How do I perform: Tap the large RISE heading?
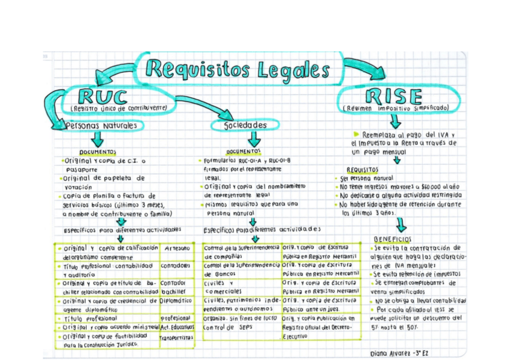395,96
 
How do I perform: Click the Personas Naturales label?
104,126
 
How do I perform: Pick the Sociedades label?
245,125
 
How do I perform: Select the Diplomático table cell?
176,301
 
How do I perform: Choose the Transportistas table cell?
177,338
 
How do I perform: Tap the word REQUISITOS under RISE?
363,170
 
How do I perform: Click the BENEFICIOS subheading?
392,239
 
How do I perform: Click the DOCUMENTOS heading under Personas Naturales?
98,153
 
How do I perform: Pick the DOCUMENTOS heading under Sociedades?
244,152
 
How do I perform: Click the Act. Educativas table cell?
177,328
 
